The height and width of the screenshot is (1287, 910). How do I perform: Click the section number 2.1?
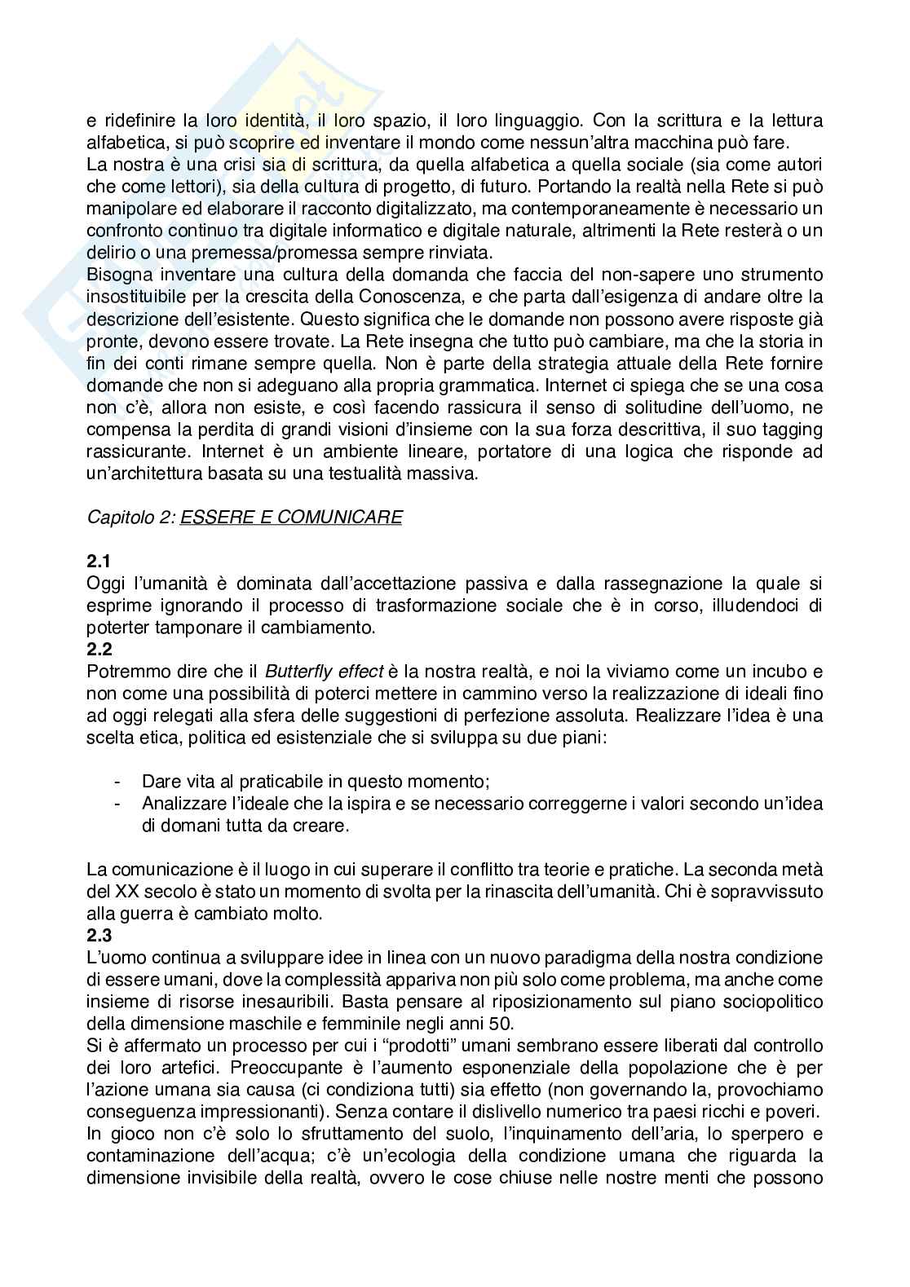98,562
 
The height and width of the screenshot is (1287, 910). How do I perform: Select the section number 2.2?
98,650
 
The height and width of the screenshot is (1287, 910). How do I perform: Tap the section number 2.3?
98,936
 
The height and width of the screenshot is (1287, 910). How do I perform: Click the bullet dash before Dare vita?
119,782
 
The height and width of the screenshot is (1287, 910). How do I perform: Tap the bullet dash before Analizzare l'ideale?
119,804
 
